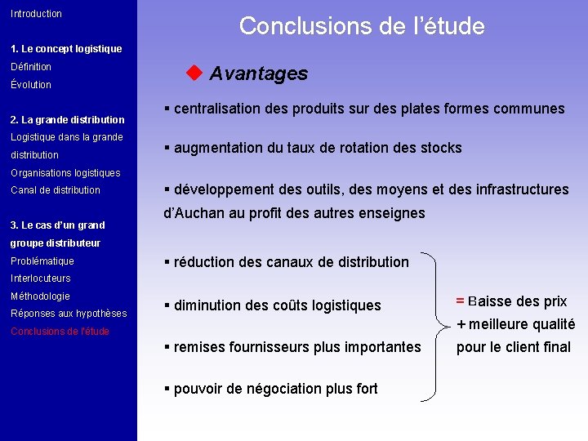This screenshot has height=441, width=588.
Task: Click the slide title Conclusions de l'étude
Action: [362, 26]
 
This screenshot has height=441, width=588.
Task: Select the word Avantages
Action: [259, 73]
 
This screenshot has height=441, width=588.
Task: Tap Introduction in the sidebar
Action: [36, 14]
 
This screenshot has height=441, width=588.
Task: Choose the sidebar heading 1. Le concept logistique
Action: [66, 49]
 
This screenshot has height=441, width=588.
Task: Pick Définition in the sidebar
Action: [31, 67]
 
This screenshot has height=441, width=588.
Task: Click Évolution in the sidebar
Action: [31, 85]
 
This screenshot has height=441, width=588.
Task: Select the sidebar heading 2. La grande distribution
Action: [68, 120]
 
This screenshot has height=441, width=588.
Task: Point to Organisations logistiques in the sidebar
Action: [65, 173]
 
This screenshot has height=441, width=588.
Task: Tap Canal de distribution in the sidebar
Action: [56, 190]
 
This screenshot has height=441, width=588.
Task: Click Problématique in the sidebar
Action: [42, 261]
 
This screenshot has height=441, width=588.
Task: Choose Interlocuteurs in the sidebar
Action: [41, 278]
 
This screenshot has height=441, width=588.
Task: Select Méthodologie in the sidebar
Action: [40, 296]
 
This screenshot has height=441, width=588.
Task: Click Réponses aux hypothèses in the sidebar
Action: [69, 314]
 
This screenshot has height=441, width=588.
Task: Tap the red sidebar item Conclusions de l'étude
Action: [60, 332]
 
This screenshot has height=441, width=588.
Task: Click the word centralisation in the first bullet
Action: [215, 109]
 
